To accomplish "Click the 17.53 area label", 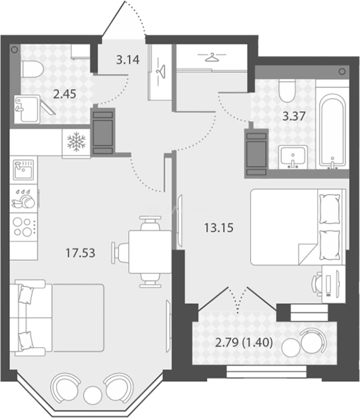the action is (80, 253).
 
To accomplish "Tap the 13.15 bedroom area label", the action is (219, 228).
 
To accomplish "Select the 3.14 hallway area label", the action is (128, 60).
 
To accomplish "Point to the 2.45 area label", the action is (65, 94).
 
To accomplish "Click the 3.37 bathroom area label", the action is (293, 116).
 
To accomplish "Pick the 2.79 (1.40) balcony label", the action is (244, 343).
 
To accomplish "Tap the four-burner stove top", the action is (23, 227).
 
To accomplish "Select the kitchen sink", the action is (24, 170).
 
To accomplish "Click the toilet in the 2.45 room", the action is (33, 69).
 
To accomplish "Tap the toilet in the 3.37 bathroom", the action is (287, 91).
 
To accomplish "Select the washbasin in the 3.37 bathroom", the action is (293, 157).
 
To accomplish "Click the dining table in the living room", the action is (150, 252).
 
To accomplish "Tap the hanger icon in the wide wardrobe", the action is (212, 57).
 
